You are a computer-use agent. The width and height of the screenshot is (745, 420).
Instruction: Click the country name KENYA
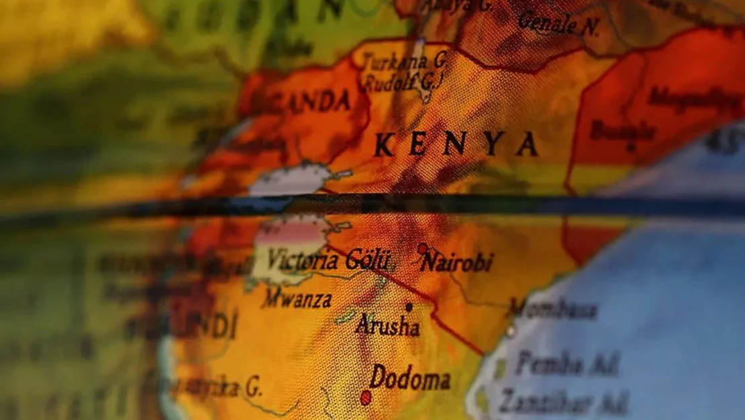coord(456,144)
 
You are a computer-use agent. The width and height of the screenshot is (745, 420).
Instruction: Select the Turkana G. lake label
coord(405,61)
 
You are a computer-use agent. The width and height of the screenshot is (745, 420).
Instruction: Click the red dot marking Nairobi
coord(422,248)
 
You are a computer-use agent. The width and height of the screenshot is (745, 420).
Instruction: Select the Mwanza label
coord(297,299)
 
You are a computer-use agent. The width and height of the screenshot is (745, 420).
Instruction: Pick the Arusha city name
coord(388,326)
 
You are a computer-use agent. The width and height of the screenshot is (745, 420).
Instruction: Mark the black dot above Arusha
coord(409,307)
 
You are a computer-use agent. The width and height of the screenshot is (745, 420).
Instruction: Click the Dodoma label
coord(410,378)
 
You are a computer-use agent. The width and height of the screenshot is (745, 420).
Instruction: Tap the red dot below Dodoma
coord(366,398)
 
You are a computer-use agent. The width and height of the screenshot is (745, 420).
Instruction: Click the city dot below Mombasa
coord(511,330)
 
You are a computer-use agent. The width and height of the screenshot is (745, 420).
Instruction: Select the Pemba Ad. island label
coord(567,364)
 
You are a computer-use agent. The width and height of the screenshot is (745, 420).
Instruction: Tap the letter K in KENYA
coord(384,144)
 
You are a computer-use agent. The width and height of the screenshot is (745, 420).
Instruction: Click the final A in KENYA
coord(526,144)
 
